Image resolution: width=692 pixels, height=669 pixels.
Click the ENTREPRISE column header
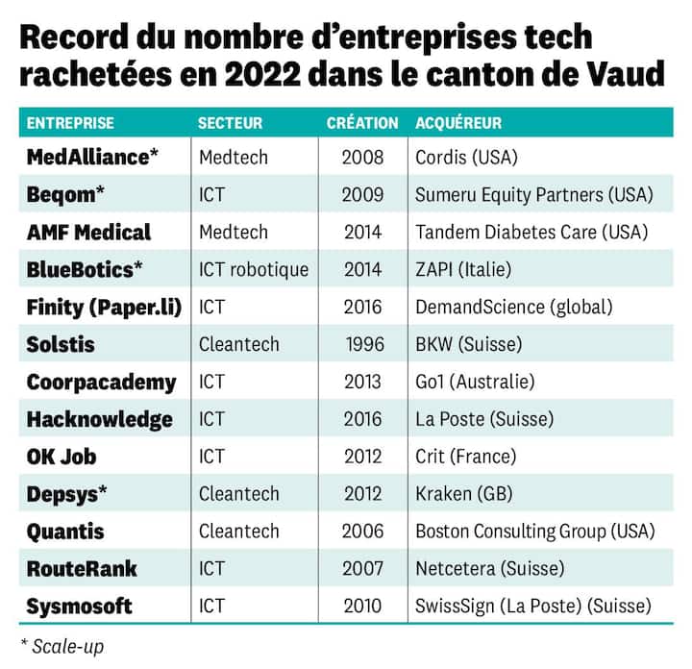pyautogui.click(x=70, y=123)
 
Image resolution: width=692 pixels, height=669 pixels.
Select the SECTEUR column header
pyautogui.click(x=230, y=123)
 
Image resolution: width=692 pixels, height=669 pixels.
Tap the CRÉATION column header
pyautogui.click(x=362, y=123)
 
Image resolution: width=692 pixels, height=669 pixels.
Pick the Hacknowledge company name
pyautogui.click(x=100, y=419)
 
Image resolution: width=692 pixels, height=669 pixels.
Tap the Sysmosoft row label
pyautogui.click(x=80, y=607)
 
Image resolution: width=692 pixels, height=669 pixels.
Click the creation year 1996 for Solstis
pyautogui.click(x=364, y=344)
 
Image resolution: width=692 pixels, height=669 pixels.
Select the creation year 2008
pyautogui.click(x=362, y=157)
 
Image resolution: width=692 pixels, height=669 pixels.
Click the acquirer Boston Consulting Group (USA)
pyautogui.click(x=534, y=532)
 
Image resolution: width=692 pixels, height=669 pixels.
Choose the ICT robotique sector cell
pyautogui.click(x=254, y=269)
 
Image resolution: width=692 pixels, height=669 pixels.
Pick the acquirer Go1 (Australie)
pyautogui.click(x=475, y=382)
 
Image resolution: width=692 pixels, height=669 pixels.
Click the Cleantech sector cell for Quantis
pyautogui.click(x=238, y=532)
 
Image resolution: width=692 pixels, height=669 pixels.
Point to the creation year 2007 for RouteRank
pyautogui.click(x=362, y=569)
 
